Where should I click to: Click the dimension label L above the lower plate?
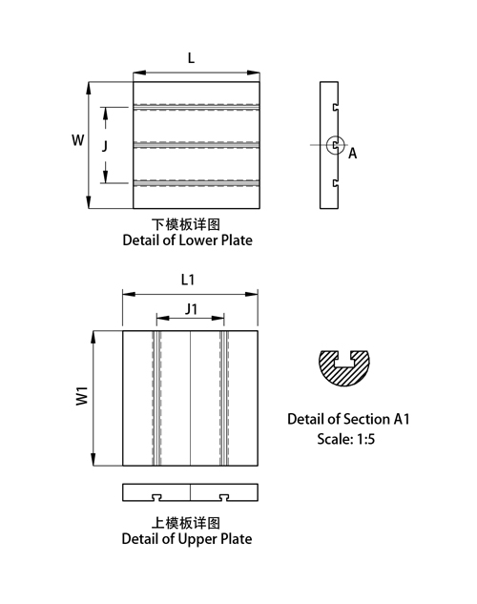pyautogui.click(x=191, y=58)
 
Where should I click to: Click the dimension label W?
pyautogui.click(x=78, y=140)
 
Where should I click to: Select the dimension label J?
pyautogui.click(x=105, y=146)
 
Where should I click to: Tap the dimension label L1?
pyautogui.click(x=188, y=280)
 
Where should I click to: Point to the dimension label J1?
pyautogui.click(x=192, y=309)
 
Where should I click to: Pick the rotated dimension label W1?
pyautogui.click(x=82, y=396)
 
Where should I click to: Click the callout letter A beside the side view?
pyautogui.click(x=353, y=154)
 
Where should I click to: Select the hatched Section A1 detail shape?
pyautogui.click(x=343, y=368)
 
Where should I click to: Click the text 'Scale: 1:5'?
pyautogui.click(x=345, y=439)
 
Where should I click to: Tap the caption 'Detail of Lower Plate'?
pyautogui.click(x=188, y=240)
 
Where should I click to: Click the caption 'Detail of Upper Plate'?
pyautogui.click(x=187, y=539)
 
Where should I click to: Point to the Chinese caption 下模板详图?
pyautogui.click(x=186, y=224)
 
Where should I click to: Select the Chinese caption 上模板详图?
pyautogui.click(x=186, y=523)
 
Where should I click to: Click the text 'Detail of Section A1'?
pyautogui.click(x=348, y=419)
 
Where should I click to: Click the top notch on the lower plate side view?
pyautogui.click(x=336, y=107)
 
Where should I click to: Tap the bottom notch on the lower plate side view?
pyautogui.click(x=336, y=183)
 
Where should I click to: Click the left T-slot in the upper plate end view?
pyautogui.click(x=156, y=498)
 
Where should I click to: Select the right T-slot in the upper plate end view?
pyautogui.click(x=224, y=498)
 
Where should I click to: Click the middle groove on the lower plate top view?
pyautogui.click(x=197, y=145)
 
